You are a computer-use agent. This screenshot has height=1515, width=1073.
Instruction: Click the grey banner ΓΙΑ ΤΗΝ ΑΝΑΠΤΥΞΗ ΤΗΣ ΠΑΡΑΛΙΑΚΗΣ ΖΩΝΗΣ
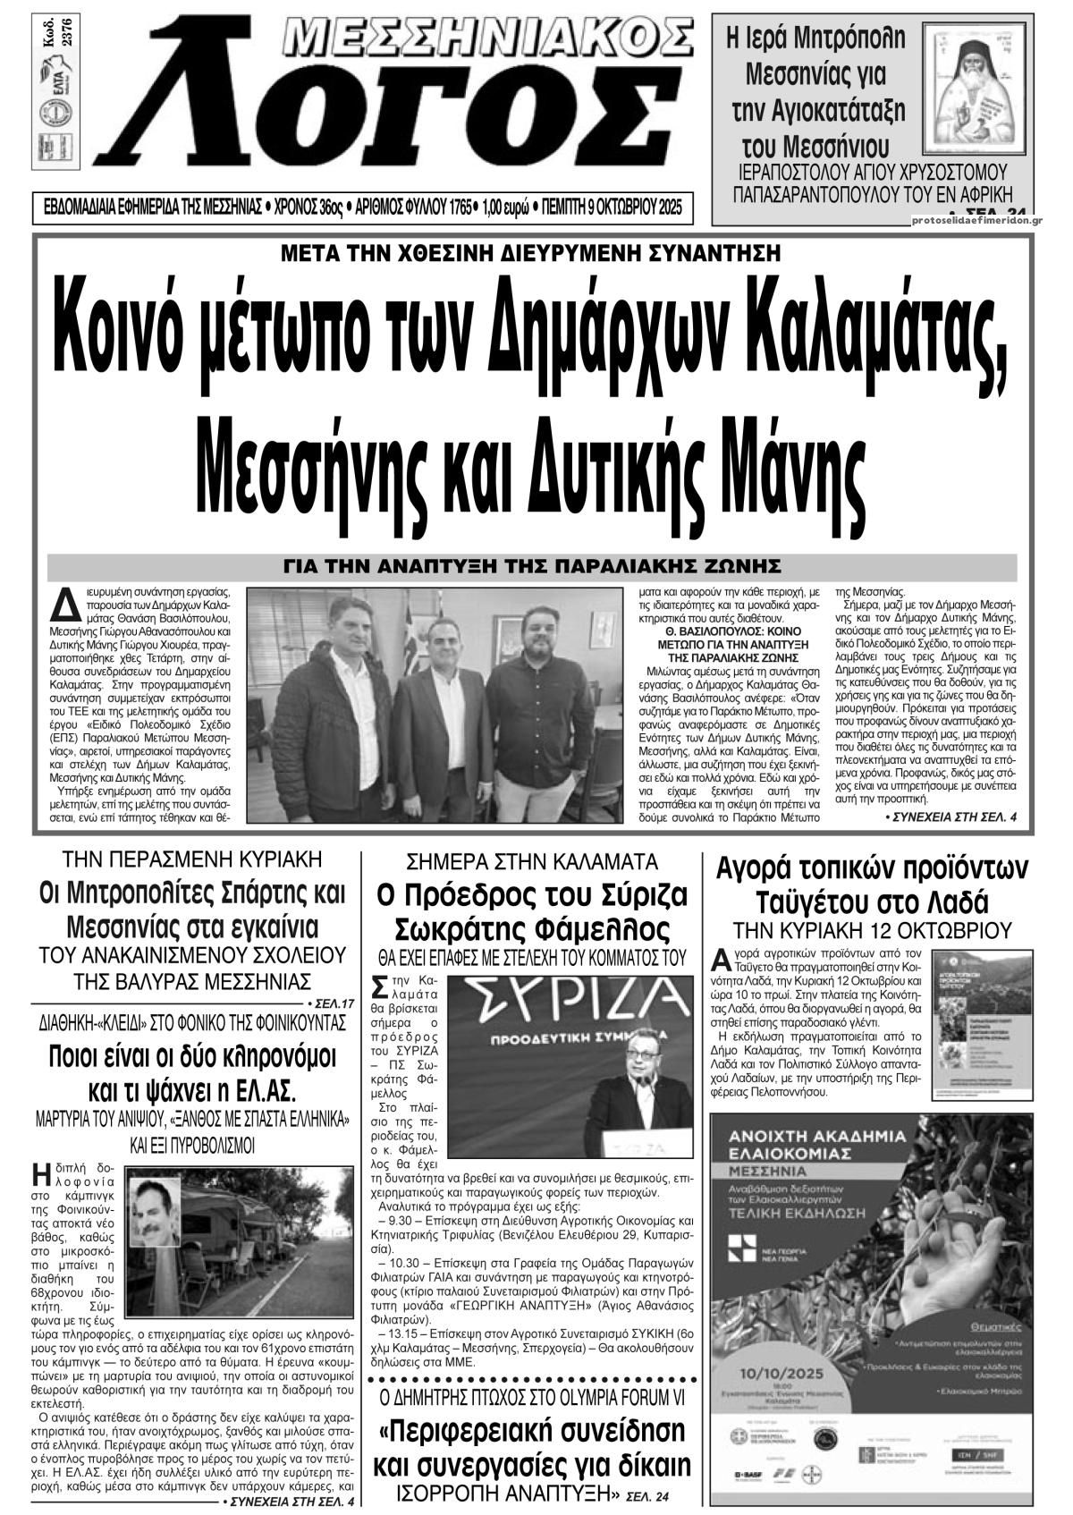click(532, 567)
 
